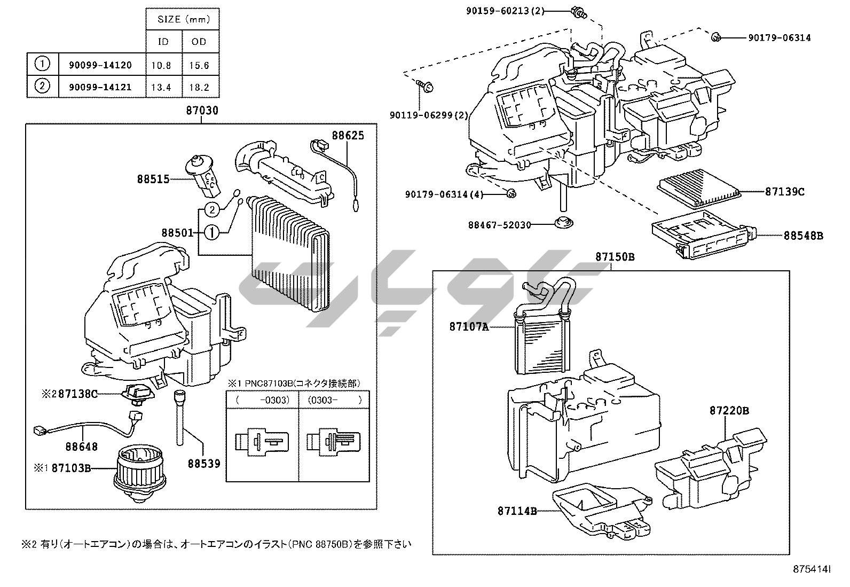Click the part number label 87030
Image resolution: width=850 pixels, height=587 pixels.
point(202,111)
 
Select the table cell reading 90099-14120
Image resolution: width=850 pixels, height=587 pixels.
point(100,65)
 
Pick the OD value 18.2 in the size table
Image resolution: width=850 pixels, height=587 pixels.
point(199,87)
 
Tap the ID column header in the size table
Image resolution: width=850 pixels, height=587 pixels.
point(163,42)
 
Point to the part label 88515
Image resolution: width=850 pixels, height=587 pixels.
point(153,179)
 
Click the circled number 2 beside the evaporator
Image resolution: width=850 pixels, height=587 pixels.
point(212,209)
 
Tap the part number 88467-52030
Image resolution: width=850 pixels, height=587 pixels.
point(500,225)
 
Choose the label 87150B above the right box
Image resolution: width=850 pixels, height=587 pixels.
point(615,257)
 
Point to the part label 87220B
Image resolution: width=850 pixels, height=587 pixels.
point(729,410)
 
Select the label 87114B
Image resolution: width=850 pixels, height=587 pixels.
point(517,511)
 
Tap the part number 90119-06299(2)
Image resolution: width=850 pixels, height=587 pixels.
point(429,115)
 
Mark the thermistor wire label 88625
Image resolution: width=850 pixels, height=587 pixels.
point(348,135)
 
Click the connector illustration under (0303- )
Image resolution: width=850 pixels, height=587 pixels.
point(334,442)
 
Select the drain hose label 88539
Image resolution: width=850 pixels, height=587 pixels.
point(203,464)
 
